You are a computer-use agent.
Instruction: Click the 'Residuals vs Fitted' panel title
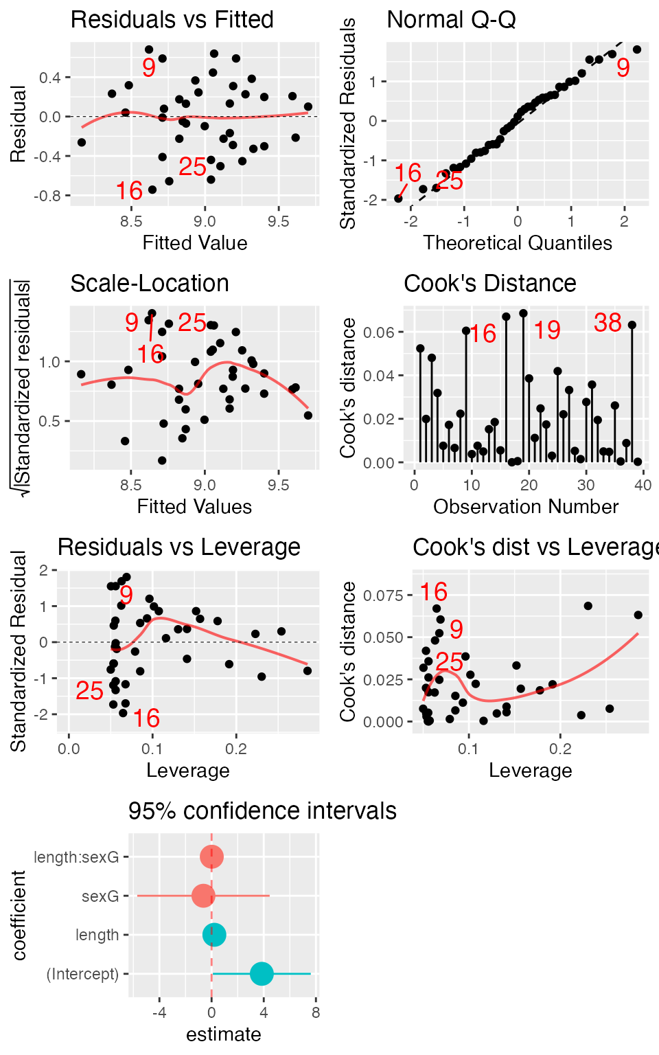click(x=172, y=20)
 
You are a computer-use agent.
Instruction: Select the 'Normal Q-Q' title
click(x=451, y=20)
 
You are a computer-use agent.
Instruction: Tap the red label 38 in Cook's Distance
click(x=608, y=323)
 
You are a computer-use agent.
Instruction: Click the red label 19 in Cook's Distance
click(x=547, y=330)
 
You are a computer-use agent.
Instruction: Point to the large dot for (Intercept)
click(x=262, y=973)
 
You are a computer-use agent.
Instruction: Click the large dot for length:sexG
click(x=211, y=857)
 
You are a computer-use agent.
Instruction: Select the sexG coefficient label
click(x=100, y=896)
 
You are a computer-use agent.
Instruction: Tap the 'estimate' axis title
click(x=223, y=1034)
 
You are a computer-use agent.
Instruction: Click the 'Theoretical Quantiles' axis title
click(x=518, y=243)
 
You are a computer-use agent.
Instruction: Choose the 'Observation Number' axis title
click(x=526, y=507)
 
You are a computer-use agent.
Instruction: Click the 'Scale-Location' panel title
click(x=150, y=284)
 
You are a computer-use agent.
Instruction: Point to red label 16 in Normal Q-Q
click(x=408, y=173)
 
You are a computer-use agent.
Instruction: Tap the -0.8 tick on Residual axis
click(x=49, y=196)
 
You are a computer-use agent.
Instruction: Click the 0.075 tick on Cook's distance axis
click(x=383, y=595)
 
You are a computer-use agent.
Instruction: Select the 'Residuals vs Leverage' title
click(x=178, y=547)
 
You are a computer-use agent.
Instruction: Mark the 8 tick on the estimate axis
click(x=315, y=1013)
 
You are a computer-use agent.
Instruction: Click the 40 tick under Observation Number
click(x=643, y=485)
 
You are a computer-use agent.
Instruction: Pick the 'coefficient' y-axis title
click(x=19, y=915)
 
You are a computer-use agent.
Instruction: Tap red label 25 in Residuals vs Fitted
click(x=192, y=167)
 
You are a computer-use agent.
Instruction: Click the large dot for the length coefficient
click(x=214, y=935)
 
